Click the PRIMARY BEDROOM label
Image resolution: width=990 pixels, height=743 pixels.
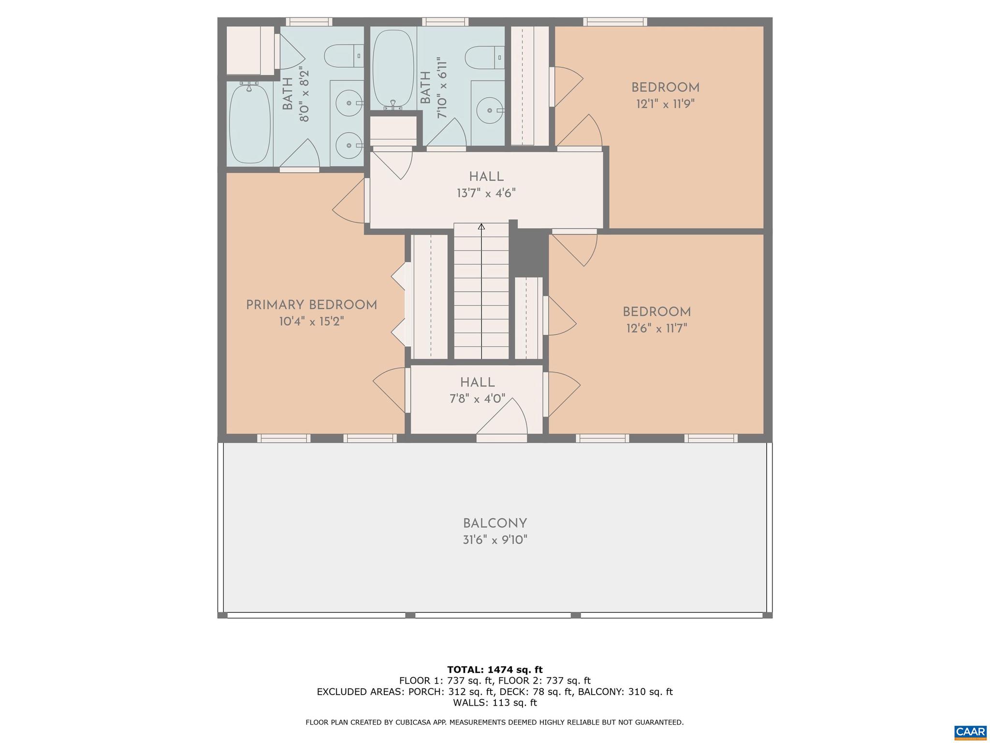click(x=311, y=305)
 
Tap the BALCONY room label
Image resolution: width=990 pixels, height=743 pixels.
click(x=495, y=523)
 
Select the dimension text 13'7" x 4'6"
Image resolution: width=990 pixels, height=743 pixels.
click(x=486, y=193)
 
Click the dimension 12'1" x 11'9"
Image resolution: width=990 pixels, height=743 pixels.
click(x=665, y=104)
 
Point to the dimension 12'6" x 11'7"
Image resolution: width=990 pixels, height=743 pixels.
click(x=656, y=328)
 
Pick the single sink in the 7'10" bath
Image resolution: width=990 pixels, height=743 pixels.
click(x=490, y=110)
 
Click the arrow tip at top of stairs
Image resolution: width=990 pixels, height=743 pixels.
click(x=481, y=226)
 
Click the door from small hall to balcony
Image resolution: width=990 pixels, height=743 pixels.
click(x=501, y=438)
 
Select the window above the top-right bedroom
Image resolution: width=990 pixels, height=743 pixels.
click(x=615, y=22)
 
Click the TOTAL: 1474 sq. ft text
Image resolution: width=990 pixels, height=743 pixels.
click(x=495, y=669)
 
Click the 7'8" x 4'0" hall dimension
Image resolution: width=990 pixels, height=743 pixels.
click(x=477, y=399)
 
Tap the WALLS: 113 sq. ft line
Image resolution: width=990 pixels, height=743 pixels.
click(x=495, y=702)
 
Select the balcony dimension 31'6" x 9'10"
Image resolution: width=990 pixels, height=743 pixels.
click(x=495, y=540)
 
